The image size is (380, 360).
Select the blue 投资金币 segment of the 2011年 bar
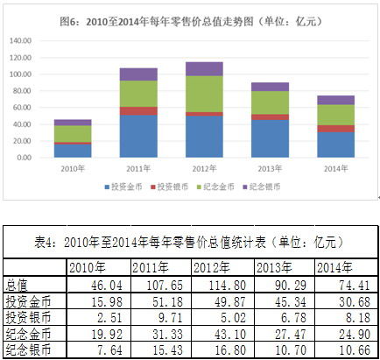click(138, 136)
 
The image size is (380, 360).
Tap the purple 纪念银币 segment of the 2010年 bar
click(73, 123)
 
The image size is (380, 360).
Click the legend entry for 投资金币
click(122, 187)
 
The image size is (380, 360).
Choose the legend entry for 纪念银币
click(264, 187)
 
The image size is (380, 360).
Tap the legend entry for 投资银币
click(169, 187)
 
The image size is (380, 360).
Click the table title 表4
click(190, 241)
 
